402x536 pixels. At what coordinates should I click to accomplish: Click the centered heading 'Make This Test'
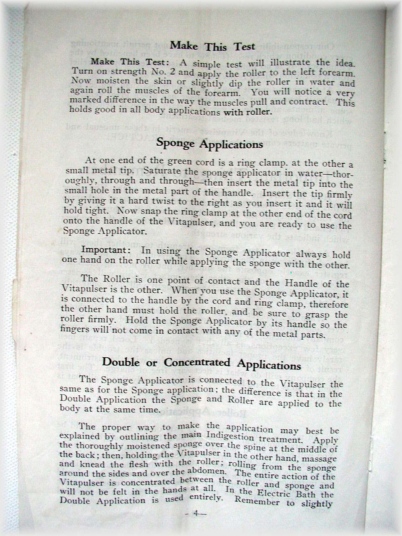coord(212,46)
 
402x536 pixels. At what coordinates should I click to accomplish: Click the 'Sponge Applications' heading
coord(209,144)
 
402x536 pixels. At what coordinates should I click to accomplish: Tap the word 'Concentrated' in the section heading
coord(197,363)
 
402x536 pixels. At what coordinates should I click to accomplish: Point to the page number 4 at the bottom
coord(195,514)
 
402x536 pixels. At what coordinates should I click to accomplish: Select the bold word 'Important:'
coord(106,250)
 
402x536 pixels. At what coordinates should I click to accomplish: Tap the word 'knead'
coord(91,464)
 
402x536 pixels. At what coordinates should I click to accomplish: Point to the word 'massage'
coord(320,459)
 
